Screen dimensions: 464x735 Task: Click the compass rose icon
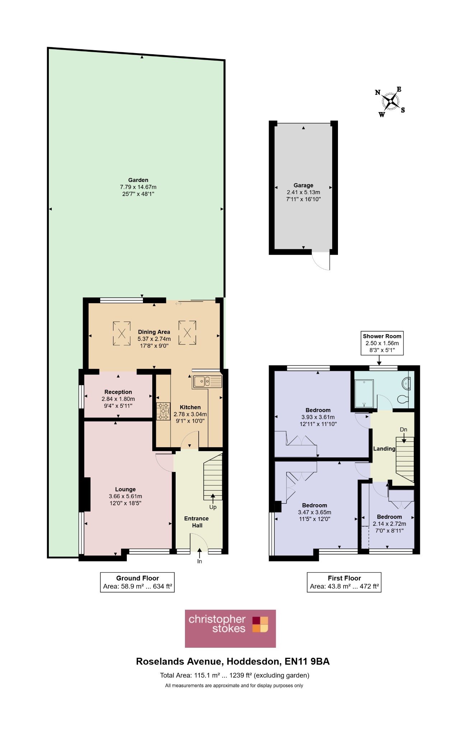tap(390, 102)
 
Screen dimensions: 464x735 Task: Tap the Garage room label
tap(303, 185)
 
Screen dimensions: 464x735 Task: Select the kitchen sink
tap(208, 381)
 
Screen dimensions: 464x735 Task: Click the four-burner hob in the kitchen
tap(163, 411)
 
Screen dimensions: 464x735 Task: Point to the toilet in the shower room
tap(403, 399)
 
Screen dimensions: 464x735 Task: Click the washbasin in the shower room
tap(406, 383)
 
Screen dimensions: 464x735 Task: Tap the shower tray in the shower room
tap(364, 394)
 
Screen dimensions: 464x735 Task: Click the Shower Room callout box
tap(382, 343)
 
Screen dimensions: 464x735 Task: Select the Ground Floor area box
tap(137, 582)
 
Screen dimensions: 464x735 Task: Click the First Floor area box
tap(344, 582)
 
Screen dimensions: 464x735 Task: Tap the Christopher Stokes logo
tap(230, 628)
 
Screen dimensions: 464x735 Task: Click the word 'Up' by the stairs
tap(213, 507)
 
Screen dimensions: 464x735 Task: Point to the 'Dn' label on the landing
tap(404, 430)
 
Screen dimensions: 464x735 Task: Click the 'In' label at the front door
tap(200, 561)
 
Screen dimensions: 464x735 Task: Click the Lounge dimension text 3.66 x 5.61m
tap(125, 496)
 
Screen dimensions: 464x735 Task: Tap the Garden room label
tap(138, 180)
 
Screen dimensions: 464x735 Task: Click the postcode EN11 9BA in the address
tap(307, 661)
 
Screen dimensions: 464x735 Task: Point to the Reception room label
tap(118, 392)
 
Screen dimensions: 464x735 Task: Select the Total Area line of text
tap(235, 675)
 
